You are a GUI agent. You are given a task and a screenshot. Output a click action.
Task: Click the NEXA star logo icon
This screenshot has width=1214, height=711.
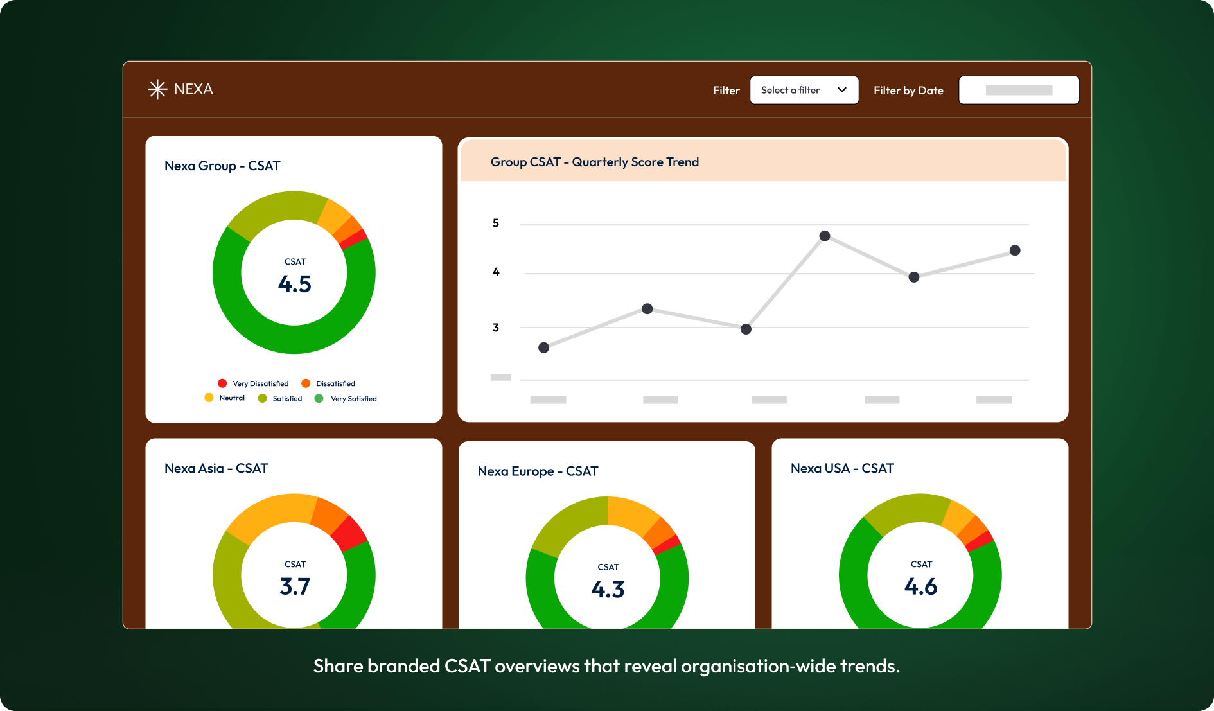[x=157, y=89]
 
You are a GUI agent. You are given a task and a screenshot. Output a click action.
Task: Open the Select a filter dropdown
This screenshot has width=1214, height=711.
[x=804, y=91]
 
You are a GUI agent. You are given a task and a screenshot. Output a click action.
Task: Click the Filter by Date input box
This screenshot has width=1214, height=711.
[x=1018, y=91]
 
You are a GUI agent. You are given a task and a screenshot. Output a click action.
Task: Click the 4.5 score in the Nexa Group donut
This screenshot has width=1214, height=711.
[x=295, y=284]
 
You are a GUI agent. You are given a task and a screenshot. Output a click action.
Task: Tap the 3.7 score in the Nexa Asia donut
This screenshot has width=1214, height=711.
[x=295, y=586]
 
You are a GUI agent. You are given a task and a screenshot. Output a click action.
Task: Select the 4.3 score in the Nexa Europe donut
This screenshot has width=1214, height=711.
[x=608, y=590]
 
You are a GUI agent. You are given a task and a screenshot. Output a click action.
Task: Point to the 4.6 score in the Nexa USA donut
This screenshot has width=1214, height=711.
[x=920, y=586]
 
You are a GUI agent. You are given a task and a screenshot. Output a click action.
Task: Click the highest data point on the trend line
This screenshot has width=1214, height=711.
[x=825, y=236]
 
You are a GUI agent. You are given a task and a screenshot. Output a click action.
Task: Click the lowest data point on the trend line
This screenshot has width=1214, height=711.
[x=543, y=347]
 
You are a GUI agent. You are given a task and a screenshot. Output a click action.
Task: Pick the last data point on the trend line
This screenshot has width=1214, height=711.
[x=1015, y=250]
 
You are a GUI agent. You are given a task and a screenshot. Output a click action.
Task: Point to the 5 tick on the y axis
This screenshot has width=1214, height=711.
[x=496, y=224]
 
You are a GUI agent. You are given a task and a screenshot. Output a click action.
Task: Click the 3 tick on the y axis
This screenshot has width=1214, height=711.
[x=496, y=328]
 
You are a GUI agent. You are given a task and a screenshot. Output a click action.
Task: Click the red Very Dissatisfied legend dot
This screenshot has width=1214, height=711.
[x=222, y=383]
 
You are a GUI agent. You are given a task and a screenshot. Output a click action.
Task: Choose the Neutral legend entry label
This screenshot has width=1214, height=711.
[x=232, y=398]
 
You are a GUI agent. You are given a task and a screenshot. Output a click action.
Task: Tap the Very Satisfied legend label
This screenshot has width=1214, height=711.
[x=353, y=399]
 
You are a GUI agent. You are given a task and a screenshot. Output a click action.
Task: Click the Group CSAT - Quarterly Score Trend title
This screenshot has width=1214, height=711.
[x=594, y=162]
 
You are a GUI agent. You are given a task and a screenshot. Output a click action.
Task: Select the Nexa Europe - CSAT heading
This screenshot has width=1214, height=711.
[x=538, y=471]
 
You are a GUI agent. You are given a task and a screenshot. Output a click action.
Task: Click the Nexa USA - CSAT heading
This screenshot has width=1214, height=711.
[x=842, y=469]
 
